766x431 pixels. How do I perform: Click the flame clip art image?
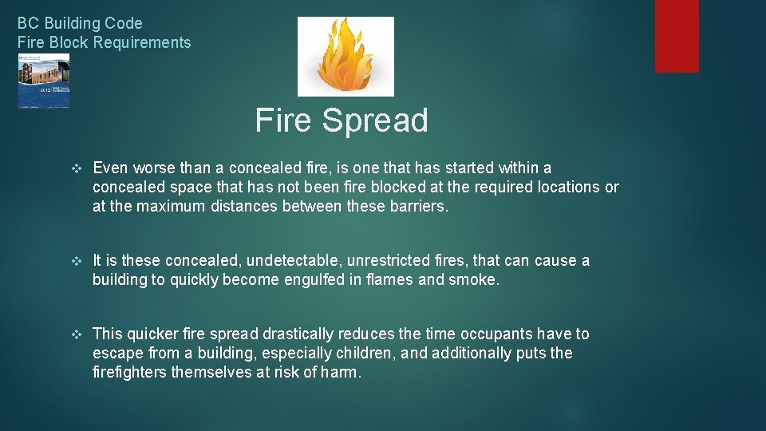coord(345,56)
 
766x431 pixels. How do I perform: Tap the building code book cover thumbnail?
coord(44,81)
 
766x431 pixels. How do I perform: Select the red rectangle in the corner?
coord(677,36)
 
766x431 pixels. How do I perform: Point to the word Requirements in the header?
coord(142,42)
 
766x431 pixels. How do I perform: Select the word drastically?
coord(298,334)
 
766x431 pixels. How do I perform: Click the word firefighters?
coord(130,373)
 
